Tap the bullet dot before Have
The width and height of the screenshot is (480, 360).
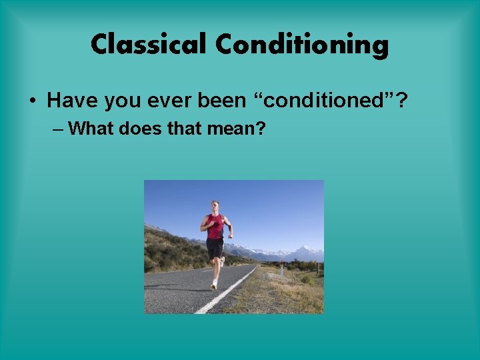[33, 101]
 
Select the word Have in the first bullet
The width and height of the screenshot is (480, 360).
[69, 101]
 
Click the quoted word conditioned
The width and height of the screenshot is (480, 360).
[327, 101]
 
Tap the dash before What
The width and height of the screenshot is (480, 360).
[58, 128]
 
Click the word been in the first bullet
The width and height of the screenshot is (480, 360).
[222, 101]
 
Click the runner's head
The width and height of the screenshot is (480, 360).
[214, 206]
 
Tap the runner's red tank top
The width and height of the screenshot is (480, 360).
[215, 227]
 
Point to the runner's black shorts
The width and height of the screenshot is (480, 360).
[215, 248]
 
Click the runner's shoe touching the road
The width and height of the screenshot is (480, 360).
[214, 285]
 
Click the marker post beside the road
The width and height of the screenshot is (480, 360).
[283, 270]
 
